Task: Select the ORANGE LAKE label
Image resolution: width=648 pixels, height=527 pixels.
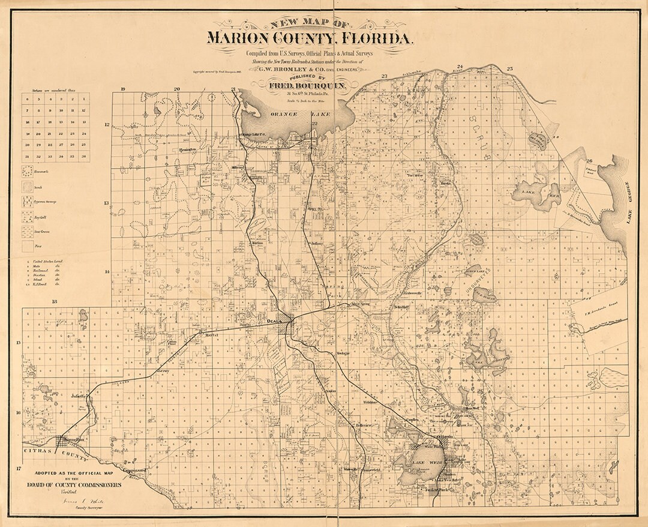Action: [284, 113]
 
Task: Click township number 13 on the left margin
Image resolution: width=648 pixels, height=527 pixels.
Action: [107, 203]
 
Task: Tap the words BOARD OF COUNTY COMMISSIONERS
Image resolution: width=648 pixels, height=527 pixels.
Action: [73, 484]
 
